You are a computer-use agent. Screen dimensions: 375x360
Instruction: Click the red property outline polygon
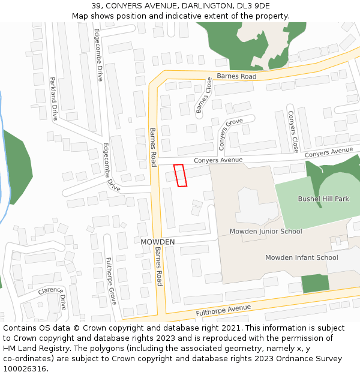click(180, 175)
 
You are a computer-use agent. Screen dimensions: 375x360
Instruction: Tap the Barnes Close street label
click(204, 95)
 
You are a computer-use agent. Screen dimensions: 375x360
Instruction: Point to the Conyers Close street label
click(292, 131)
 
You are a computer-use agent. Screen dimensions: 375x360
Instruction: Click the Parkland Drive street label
click(53, 98)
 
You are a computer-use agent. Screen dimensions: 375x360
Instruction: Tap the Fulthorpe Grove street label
click(110, 280)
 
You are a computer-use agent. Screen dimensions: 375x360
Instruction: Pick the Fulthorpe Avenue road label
click(223, 311)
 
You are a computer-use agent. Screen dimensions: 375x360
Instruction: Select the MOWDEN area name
click(157, 242)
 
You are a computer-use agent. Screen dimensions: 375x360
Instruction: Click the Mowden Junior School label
click(266, 231)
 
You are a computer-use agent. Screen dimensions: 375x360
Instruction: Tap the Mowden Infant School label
click(302, 257)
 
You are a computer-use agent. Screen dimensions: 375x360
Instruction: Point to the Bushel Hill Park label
click(323, 199)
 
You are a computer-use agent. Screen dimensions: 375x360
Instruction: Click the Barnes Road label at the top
click(236, 76)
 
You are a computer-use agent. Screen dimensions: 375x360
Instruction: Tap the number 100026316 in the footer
click(25, 368)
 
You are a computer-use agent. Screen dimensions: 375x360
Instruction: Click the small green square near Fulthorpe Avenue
click(315, 283)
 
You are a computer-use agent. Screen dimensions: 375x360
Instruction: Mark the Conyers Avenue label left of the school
click(218, 160)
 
